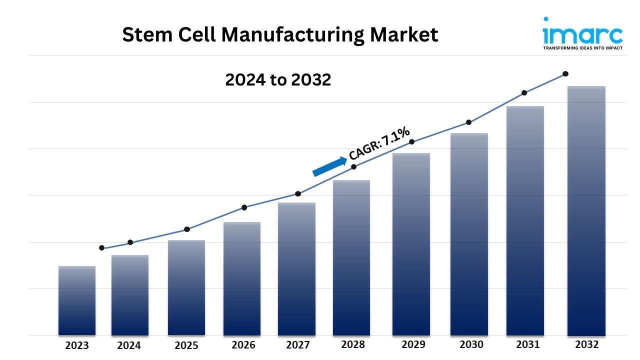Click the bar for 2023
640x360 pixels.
77,300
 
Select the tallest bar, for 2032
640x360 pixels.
586,211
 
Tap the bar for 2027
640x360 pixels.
296,269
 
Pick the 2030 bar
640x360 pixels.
469,234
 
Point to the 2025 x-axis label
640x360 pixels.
186,345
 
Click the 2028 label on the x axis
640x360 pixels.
353,344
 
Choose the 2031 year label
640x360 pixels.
527,344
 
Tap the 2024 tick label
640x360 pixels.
129,345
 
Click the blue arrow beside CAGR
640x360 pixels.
329,166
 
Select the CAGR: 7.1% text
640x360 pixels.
379,143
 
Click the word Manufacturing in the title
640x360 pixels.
292,35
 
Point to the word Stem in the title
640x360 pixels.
147,35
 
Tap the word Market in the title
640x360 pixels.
404,35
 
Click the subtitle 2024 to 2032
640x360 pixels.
278,79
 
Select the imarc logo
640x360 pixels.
582,33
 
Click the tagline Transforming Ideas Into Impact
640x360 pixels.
583,48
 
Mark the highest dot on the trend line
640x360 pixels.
565,74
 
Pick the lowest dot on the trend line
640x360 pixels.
101,247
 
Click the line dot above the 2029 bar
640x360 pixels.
411,141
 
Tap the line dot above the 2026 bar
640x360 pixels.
244,207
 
